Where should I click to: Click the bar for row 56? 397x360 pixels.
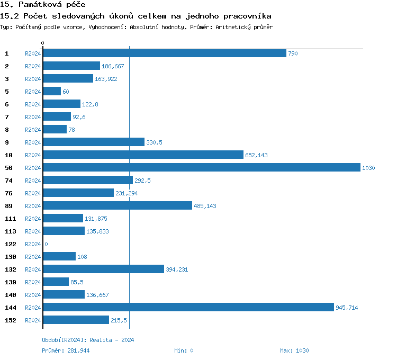201,168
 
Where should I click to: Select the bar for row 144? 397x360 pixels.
188,308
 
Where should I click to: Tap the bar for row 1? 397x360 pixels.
164,53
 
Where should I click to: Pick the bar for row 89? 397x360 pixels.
117,206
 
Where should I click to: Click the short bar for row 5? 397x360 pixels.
52,92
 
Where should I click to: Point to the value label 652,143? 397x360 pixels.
256,155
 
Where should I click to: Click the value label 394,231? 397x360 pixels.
177,269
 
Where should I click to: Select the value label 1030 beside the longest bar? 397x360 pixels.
368,168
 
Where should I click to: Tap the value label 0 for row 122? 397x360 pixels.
46,244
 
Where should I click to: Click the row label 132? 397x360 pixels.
10,269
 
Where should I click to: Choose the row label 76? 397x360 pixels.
8,193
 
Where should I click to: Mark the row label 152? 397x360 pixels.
10,320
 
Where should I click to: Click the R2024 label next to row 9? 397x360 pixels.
33,142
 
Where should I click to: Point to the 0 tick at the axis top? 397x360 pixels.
43,43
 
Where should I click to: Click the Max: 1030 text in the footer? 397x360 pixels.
294,350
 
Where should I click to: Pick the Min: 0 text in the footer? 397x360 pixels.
184,350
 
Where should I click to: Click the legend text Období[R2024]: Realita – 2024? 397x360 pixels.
88,340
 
